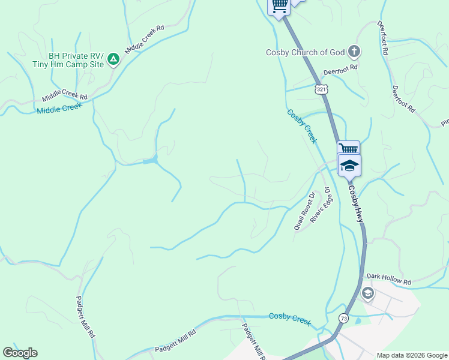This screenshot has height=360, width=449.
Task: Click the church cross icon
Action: tap(354, 52)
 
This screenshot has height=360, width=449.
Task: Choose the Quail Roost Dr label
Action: tap(305, 211)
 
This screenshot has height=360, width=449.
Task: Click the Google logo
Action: tap(20, 353)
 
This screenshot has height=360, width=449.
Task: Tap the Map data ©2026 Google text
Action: tap(411, 355)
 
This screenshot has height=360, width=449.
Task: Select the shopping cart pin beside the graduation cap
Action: tap(348, 149)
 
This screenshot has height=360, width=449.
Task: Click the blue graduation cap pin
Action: tap(349, 164)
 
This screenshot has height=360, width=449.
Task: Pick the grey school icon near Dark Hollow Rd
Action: tap(367, 294)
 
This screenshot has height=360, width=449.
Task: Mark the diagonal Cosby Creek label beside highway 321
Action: tap(301, 126)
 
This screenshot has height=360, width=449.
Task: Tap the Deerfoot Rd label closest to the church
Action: tap(340, 70)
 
